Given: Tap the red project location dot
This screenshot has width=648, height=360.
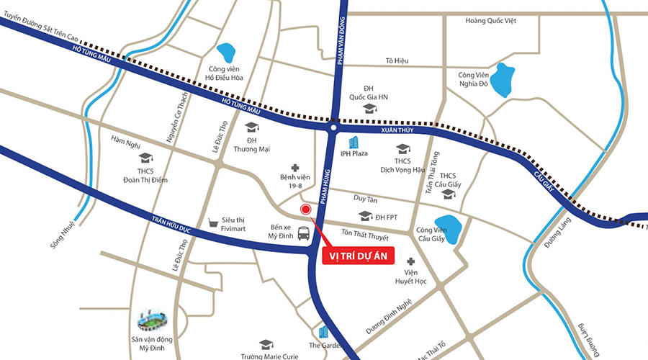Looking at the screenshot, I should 306,210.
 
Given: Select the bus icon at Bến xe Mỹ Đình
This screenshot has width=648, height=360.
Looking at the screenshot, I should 305,233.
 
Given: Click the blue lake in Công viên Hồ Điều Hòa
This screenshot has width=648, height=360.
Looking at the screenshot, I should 227,53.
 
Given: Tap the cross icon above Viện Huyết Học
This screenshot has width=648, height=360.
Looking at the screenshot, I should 411,261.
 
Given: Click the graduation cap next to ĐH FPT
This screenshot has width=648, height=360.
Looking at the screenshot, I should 364,216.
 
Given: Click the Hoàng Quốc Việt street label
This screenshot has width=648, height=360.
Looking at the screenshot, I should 491,21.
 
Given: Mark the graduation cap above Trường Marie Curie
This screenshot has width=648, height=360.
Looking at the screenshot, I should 266,344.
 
